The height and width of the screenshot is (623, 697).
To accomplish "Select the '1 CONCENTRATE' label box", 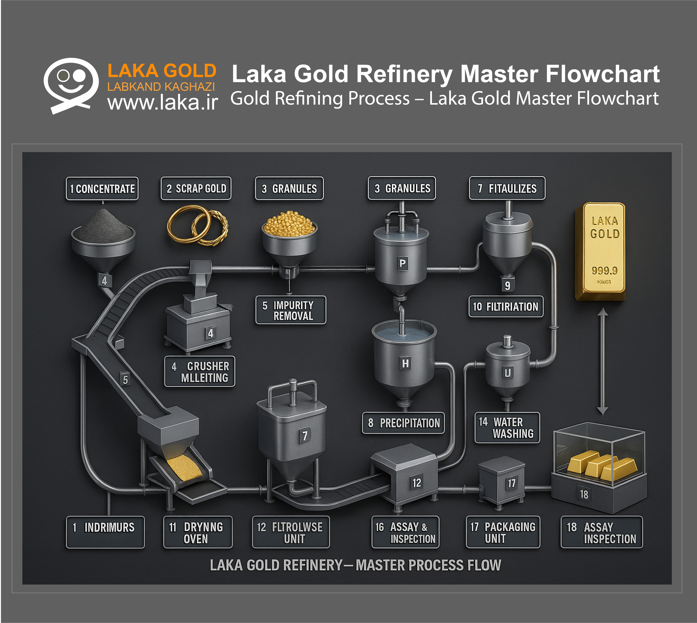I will [102, 189].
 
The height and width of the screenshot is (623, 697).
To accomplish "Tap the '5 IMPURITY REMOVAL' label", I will [291, 310].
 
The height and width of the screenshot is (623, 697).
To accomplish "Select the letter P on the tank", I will [403, 263].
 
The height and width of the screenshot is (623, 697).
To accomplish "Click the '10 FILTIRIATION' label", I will [506, 307].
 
